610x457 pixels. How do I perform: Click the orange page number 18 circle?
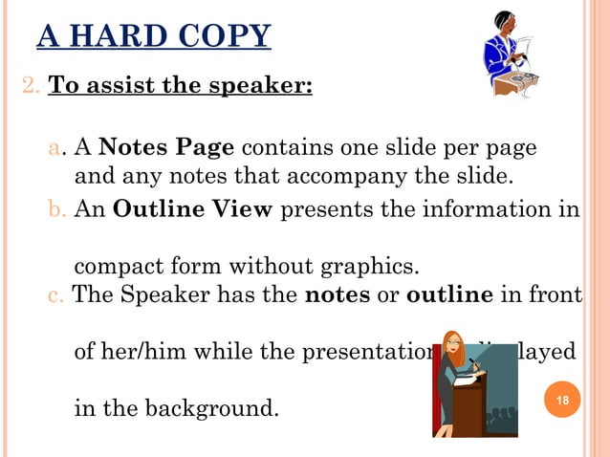(x=562, y=399)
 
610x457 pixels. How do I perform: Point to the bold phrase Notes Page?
(x=166, y=149)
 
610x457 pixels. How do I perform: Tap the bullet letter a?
(x=55, y=150)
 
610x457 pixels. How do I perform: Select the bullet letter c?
(x=55, y=295)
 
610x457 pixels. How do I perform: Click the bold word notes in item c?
(x=338, y=295)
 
